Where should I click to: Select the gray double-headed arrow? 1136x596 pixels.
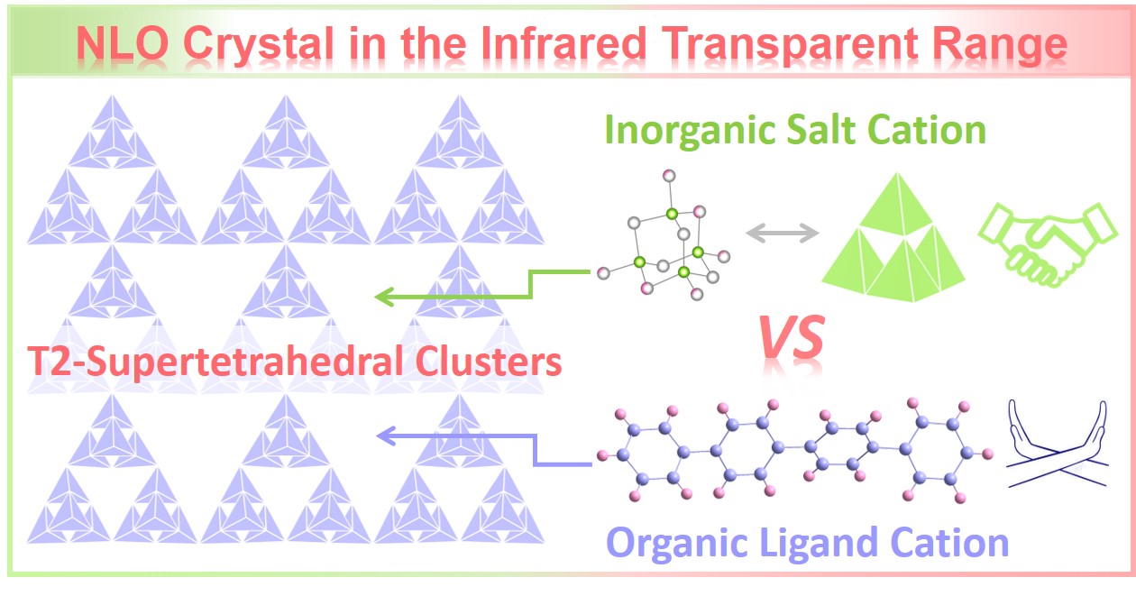(782, 234)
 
